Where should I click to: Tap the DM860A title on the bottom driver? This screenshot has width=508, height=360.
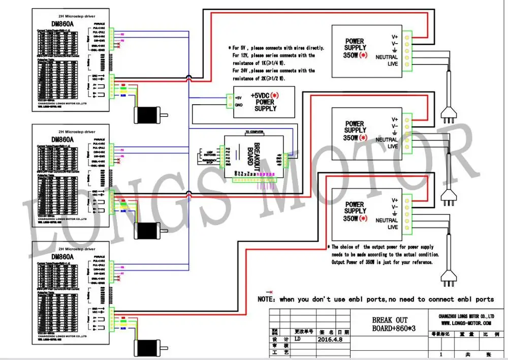coord(63,256)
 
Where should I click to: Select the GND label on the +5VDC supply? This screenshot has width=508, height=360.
coord(239,105)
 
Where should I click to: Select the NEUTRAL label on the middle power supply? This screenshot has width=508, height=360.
coord(387,140)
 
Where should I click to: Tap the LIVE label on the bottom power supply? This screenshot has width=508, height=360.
coord(393,227)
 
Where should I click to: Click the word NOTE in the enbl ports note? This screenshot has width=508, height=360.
coord(266,300)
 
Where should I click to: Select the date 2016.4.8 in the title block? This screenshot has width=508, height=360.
coord(330,339)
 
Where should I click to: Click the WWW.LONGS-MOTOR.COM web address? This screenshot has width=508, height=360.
coord(465,322)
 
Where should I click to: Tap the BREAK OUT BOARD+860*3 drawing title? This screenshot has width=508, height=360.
coord(390,323)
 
